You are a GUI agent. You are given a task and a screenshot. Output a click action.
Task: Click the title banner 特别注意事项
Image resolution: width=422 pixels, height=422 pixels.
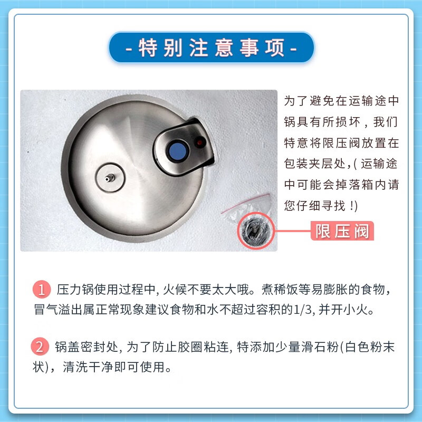point(211,49)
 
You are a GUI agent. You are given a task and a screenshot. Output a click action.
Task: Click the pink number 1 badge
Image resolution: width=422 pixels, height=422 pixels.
point(41,290)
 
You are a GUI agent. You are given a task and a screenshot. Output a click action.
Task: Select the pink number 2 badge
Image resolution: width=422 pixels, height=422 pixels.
point(41,347)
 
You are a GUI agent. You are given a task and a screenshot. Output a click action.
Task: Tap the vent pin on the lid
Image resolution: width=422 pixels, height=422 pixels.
point(110,179)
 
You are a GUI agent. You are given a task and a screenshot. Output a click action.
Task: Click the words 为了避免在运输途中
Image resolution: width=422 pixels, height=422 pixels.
point(341,100)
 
